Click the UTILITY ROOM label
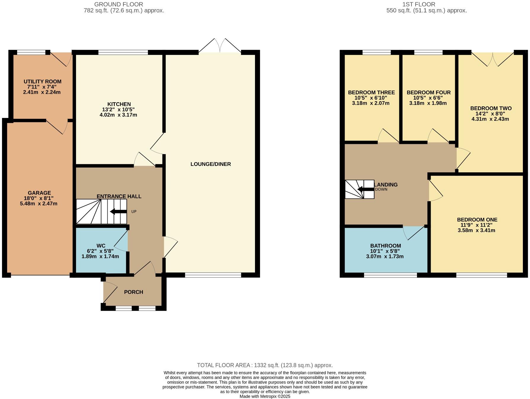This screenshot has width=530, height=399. click(x=43, y=82)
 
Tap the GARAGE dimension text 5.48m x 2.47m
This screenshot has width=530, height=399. click(x=39, y=204)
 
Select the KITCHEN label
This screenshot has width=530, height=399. click(x=119, y=104)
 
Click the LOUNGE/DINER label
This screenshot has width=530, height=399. click(x=211, y=164)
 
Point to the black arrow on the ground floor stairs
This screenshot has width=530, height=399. click(x=118, y=212)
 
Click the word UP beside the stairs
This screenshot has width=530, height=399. click(x=134, y=212)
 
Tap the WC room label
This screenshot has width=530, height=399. click(x=101, y=246)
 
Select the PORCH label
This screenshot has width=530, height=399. click(x=133, y=292)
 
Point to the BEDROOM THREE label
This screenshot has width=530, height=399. click(x=371, y=93)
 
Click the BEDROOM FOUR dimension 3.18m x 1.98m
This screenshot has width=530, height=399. click(x=428, y=103)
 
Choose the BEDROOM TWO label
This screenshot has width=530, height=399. click(x=491, y=108)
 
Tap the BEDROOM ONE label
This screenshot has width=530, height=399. click(x=477, y=220)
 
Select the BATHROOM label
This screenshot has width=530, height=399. click(x=385, y=246)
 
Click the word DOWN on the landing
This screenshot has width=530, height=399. click(x=381, y=189)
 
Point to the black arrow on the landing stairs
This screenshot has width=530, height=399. click(x=366, y=189)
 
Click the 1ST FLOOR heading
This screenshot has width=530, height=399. click(x=418, y=4)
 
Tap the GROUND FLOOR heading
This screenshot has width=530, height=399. click(x=119, y=4)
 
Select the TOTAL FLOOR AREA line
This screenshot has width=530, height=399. click(x=265, y=365)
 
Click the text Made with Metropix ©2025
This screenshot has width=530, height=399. click(x=265, y=396)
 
